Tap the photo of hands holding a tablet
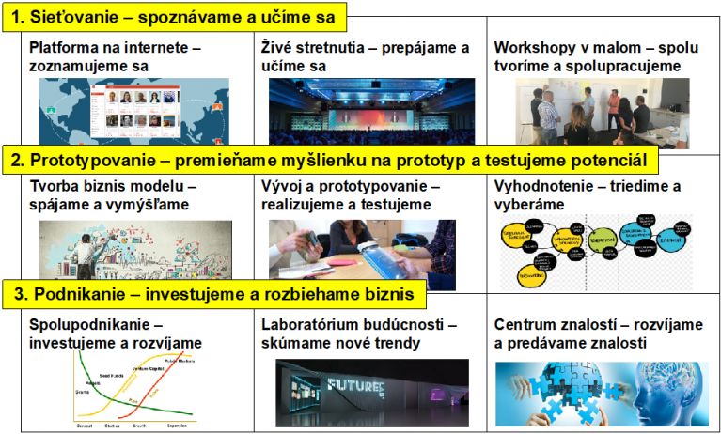click(x=361, y=252)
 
